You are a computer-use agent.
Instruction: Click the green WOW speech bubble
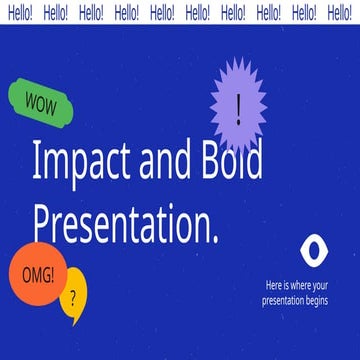[42, 100]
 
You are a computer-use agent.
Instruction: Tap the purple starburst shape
[238, 105]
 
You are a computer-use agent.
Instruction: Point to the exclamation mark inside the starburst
[238, 105]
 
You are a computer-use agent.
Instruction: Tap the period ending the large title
[214, 236]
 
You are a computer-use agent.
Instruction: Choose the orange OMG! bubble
[37, 273]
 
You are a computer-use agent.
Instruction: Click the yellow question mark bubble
[73, 298]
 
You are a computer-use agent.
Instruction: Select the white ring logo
[311, 248]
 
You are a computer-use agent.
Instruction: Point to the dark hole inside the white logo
[311, 248]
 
